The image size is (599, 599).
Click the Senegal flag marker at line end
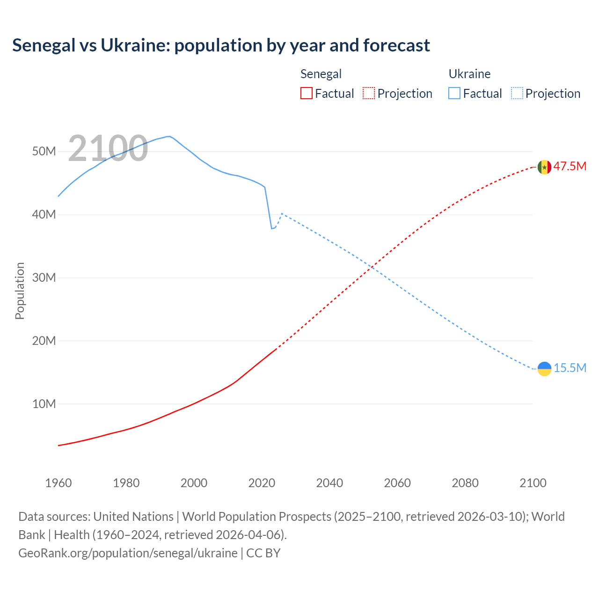544,167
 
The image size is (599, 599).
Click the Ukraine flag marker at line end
544,369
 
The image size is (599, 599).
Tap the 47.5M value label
570,167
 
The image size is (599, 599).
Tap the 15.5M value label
570,368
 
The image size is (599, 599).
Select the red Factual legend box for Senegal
306,93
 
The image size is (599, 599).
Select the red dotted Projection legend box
369,93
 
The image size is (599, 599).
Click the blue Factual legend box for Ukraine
454,93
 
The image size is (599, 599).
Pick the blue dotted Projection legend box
517,93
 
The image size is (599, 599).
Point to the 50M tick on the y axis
44,152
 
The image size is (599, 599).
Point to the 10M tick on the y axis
44,404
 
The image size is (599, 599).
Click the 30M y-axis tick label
44,278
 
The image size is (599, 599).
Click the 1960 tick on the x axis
58,483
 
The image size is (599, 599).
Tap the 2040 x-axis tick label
329,483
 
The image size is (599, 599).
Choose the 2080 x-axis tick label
465,483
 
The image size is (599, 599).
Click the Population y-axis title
20,291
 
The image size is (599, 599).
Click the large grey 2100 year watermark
108,148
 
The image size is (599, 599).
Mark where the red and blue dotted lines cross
371,268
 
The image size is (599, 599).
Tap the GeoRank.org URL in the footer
128,553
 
